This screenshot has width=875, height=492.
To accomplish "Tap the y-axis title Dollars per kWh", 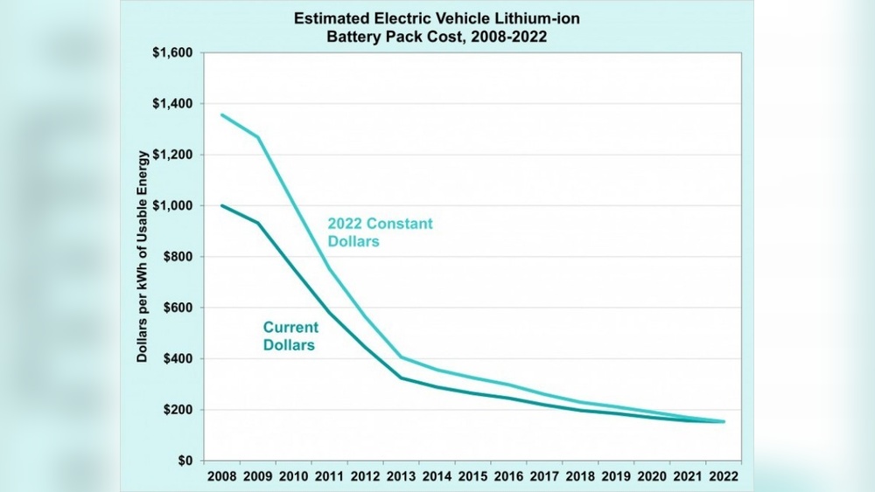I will coord(142,256).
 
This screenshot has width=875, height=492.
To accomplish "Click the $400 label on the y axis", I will coord(176,359).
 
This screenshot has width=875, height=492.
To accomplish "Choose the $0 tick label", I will coord(184,461).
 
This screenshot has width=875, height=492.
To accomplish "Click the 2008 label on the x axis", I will coord(221,477).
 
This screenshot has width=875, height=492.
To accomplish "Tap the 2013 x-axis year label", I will coord(401,477).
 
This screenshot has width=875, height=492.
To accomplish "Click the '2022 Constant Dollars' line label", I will coord(380,232).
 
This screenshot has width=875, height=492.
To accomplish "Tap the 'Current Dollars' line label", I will coord(291,336).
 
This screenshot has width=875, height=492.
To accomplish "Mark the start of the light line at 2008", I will coord(221,114).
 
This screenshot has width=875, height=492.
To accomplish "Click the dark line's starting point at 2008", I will coord(221,205).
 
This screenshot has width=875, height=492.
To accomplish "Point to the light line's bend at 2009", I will coord(257,136).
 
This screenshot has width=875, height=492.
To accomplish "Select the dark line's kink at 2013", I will coord(401,378).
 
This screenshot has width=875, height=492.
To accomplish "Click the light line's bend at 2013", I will coord(401,357).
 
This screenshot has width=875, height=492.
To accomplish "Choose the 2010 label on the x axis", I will coord(293,477).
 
